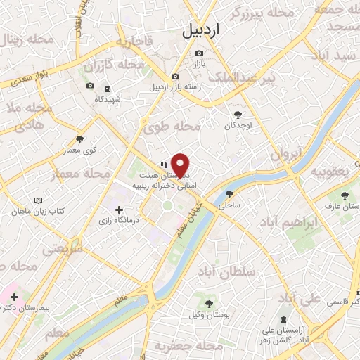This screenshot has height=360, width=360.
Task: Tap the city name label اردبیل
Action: [201, 31]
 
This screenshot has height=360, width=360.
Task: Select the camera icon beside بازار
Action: [200, 53]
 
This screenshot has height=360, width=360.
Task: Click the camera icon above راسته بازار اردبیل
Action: [175, 77]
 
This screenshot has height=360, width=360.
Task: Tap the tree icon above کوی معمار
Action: [79, 139]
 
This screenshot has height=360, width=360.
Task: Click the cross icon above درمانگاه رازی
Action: [119, 210]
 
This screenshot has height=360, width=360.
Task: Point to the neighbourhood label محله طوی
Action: [172, 127]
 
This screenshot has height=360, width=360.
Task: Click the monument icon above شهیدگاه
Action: [108, 89]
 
